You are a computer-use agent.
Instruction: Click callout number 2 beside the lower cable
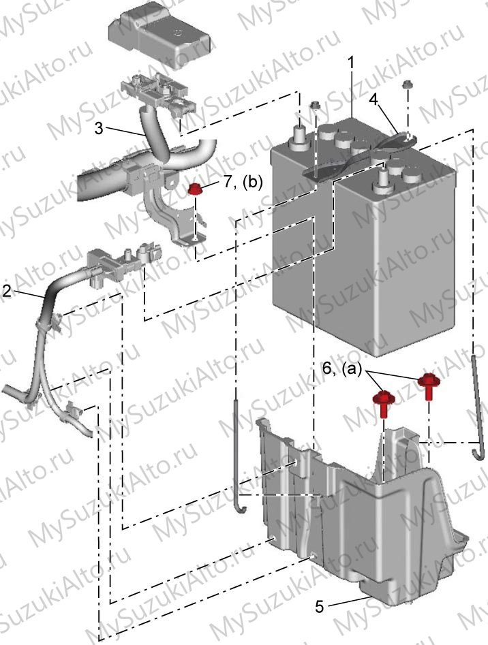(x=7, y=292)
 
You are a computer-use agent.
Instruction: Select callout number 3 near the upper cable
(x=99, y=128)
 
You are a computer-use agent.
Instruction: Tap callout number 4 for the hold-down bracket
(x=372, y=99)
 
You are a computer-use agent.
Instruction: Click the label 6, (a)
(x=341, y=368)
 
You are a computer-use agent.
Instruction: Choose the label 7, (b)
(x=243, y=182)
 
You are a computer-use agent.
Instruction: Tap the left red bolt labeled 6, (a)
(x=384, y=404)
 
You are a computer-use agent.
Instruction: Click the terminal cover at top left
(x=159, y=34)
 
